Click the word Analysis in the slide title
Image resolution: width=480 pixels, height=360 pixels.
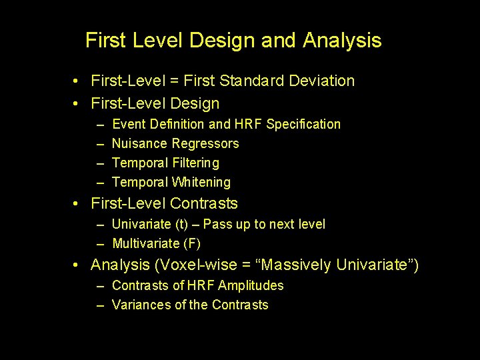click(342, 41)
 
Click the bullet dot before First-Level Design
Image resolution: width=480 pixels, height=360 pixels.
click(78, 104)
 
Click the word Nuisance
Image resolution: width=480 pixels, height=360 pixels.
click(140, 144)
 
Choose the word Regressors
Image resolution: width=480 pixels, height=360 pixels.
click(205, 144)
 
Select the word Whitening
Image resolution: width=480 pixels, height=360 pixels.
click(201, 183)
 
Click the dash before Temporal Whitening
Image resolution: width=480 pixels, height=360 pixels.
click(99, 183)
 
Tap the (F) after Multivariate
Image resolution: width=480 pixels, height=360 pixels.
click(191, 244)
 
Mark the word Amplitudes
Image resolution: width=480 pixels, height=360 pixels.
click(251, 286)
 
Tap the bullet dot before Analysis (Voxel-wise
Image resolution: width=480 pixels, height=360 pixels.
click(78, 265)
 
